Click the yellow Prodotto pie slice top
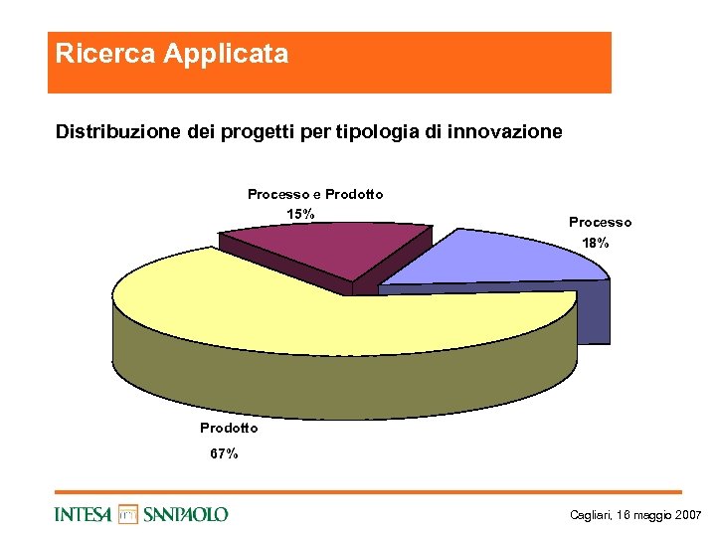point(298,308)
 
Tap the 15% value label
point(300,214)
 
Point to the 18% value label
point(595,243)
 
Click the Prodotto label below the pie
point(229,428)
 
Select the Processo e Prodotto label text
point(315,194)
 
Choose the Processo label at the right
point(600,222)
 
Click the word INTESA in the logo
point(84,514)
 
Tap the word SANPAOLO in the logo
point(186,514)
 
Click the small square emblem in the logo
point(128,514)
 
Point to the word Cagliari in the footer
point(589,515)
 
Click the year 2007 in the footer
point(687,515)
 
